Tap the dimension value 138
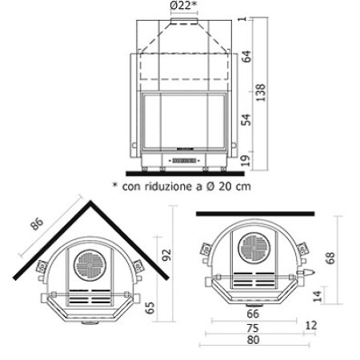pos(262,94)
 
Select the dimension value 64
pos(247,57)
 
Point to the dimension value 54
pos(247,121)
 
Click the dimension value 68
pos(330,258)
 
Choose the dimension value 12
pos(311,326)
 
